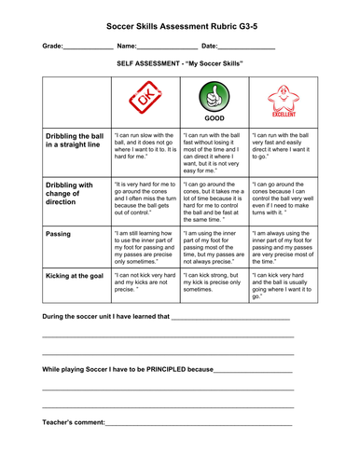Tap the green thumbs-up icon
pyautogui.click(x=213, y=96)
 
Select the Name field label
pyautogui.click(x=127, y=46)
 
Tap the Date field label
pyautogui.click(x=210, y=46)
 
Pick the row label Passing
pyautogui.click(x=59, y=234)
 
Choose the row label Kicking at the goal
pyautogui.click(x=74, y=276)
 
